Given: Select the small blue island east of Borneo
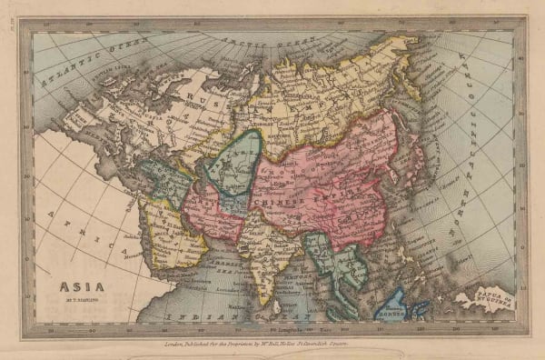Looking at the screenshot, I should tap(420, 307).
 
